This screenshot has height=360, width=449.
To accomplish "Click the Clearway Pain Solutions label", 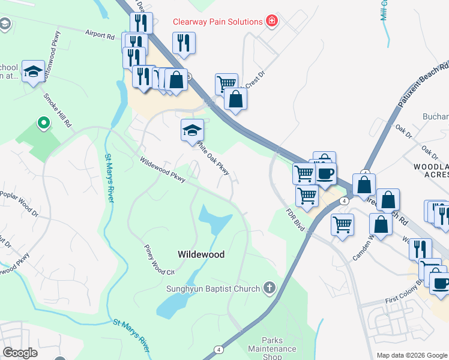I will (217, 22).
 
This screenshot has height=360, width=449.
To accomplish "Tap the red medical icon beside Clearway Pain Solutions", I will (272, 22).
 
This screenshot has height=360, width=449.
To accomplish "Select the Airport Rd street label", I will (100, 35).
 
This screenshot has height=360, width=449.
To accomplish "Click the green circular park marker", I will (43, 124).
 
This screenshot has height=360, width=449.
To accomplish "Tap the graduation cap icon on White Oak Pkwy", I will (191, 130).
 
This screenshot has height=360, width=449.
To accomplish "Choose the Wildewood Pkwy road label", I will (163, 170).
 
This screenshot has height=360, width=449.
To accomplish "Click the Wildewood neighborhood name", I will (201, 254).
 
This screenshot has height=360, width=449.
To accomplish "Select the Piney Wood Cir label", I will (158, 259).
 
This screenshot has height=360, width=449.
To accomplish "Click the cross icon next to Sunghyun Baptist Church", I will (270, 289).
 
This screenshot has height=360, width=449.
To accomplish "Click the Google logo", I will (20, 353).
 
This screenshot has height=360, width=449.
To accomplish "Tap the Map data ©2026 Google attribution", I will (411, 355).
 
